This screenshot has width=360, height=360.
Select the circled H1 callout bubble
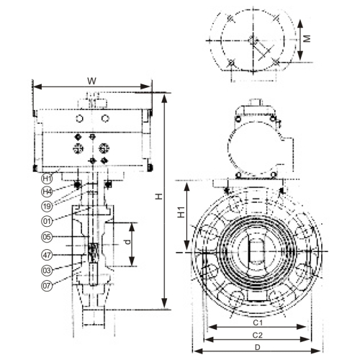(x=47, y=178)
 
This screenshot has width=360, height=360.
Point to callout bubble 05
(x=47, y=237)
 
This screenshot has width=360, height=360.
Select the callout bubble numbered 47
(x=47, y=253)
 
